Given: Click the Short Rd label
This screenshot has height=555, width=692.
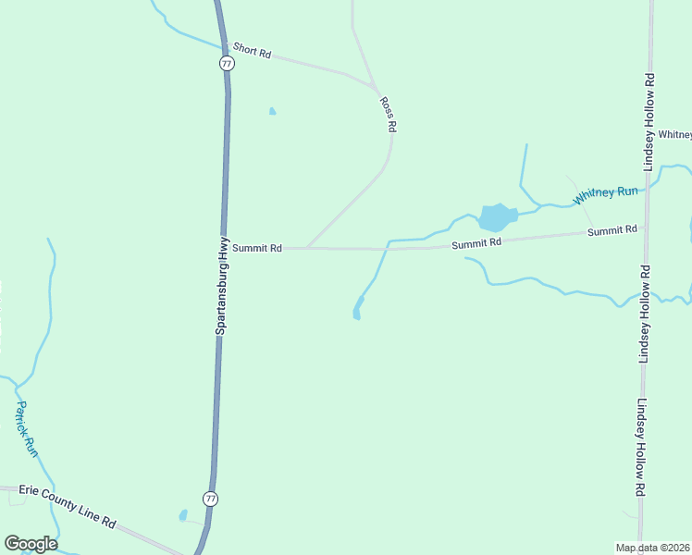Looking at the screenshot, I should pyautogui.click(x=252, y=51).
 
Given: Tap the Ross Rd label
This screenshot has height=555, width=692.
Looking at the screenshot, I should pyautogui.click(x=389, y=113).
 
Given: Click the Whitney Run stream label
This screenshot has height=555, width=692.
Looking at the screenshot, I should pyautogui.click(x=605, y=195).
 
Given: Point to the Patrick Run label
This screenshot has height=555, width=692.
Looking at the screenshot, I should pyautogui.click(x=27, y=428).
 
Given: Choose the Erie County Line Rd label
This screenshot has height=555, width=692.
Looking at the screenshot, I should pyautogui.click(x=67, y=508).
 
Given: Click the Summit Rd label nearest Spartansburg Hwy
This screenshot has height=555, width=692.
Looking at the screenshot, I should pyautogui.click(x=256, y=248).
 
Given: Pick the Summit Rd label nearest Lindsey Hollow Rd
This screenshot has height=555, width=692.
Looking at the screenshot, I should pyautogui.click(x=612, y=229).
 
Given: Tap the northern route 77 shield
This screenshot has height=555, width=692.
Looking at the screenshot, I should pyautogui.click(x=227, y=63).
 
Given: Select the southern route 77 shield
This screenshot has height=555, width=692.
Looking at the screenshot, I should pyautogui.click(x=211, y=499).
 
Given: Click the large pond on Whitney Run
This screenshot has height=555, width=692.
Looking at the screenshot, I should pyautogui.click(x=496, y=218).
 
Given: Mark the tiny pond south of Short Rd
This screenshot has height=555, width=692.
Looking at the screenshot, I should pyautogui.click(x=272, y=112).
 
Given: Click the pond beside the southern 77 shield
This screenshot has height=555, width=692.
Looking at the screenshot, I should pyautogui.click(x=183, y=515).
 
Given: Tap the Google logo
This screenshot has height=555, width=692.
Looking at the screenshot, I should pyautogui.click(x=31, y=544).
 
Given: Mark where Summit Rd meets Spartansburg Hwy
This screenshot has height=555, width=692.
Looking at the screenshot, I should pyautogui.click(x=223, y=248).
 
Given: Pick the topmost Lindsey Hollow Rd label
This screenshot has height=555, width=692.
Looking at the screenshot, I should pyautogui.click(x=650, y=121).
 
